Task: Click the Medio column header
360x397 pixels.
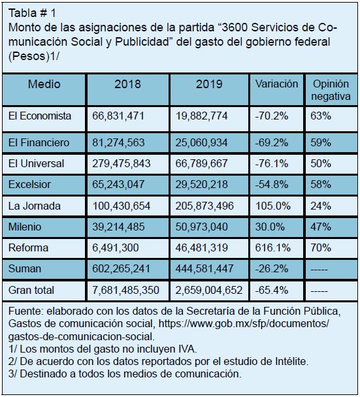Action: (x=44, y=84)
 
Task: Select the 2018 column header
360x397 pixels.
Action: (x=127, y=84)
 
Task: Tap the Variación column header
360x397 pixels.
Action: (x=276, y=84)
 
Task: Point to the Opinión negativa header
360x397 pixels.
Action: (x=331, y=90)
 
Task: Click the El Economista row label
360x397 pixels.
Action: (x=40, y=116)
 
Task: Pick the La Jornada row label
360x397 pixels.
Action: (x=35, y=206)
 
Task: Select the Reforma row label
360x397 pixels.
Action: (x=28, y=247)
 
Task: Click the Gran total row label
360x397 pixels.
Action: (x=31, y=290)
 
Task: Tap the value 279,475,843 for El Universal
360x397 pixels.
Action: (x=122, y=163)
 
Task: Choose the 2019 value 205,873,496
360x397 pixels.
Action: (x=205, y=206)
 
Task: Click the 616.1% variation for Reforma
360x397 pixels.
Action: (x=273, y=247)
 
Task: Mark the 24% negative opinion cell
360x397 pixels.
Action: (x=321, y=206)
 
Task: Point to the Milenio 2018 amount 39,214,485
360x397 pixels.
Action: (x=118, y=227)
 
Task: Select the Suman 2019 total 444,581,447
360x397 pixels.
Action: (x=205, y=268)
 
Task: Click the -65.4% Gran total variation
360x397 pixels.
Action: (x=272, y=290)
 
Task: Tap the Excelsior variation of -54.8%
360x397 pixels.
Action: (x=272, y=184)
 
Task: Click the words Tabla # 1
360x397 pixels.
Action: (x=32, y=13)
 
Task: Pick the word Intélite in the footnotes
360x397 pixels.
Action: (x=291, y=361)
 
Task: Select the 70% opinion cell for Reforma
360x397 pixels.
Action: (x=321, y=247)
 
